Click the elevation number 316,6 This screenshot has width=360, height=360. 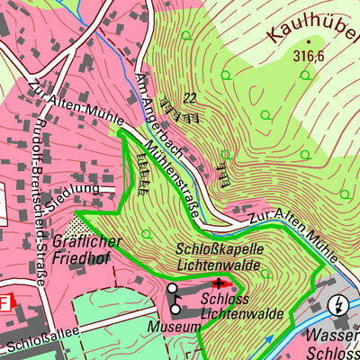tap(308, 55)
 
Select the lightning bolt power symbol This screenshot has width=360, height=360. tap(338, 303)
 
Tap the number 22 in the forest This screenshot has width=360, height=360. tap(189, 98)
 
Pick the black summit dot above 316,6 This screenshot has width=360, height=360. tap(308, 41)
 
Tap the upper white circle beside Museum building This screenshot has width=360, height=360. tap(173, 289)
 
